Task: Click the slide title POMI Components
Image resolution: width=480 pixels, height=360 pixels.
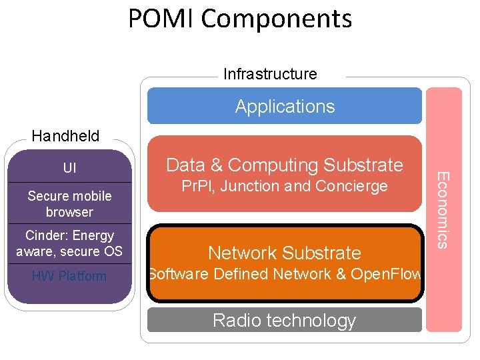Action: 240,19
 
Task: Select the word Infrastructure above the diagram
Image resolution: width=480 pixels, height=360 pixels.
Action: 270,74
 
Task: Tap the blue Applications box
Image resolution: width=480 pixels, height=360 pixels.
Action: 285,107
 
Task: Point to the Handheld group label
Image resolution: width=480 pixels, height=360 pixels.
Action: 65,137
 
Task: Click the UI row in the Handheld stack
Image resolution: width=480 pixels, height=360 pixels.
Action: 69,168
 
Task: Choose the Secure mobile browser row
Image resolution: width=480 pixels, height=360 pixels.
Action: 69,203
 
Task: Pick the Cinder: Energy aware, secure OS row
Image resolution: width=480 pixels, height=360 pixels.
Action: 69,243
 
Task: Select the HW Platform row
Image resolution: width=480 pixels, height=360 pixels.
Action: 69,276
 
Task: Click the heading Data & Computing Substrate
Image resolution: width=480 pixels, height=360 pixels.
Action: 285,165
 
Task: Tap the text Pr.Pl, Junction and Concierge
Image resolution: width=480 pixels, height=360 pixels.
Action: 285,187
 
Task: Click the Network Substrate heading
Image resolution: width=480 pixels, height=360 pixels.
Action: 285,253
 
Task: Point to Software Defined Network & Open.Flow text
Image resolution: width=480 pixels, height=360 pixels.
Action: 285,274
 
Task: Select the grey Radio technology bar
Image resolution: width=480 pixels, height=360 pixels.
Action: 285,321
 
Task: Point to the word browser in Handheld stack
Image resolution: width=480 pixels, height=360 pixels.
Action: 69,212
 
